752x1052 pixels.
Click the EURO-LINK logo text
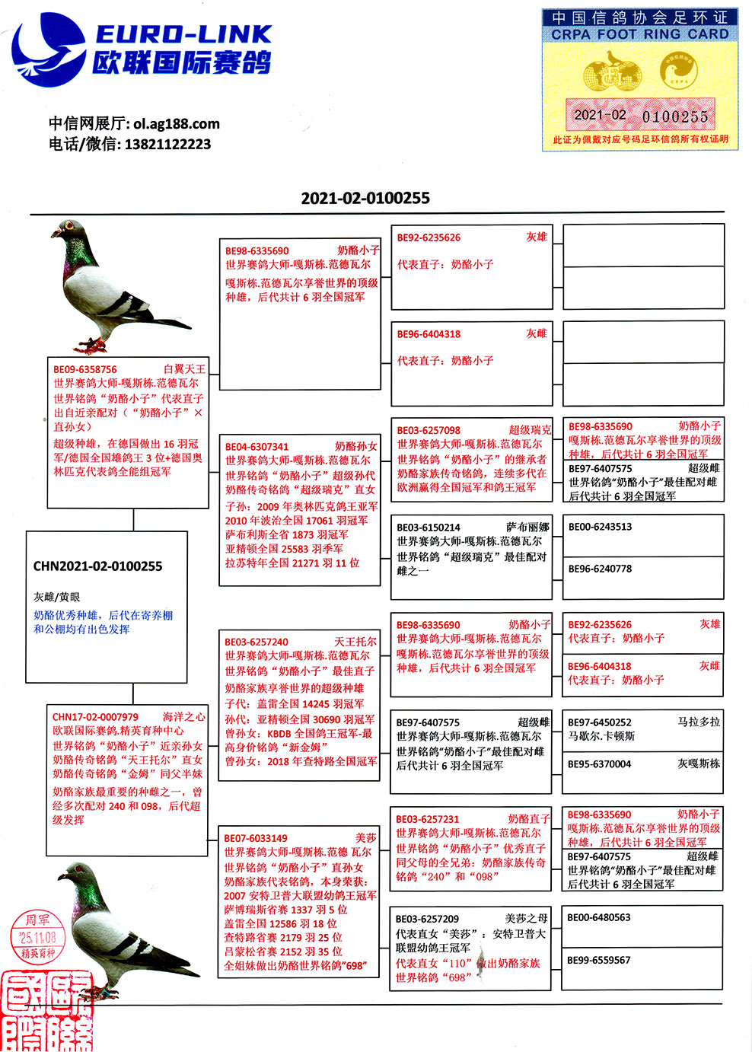183,34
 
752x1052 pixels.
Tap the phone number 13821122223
167,144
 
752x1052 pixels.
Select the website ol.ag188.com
177,123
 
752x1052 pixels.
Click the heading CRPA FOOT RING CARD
639,34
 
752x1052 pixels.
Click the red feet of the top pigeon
91,346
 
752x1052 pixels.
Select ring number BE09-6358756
85,370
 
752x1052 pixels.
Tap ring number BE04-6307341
257,447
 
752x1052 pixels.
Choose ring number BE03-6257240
257,642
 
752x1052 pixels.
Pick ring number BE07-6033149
256,838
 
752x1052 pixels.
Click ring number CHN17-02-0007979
95,717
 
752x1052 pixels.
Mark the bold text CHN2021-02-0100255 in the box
97,566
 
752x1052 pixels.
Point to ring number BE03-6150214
428,528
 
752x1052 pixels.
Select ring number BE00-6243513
600,527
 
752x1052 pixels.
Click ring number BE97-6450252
600,722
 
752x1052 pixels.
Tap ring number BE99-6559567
599,960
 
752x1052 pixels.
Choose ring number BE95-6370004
600,764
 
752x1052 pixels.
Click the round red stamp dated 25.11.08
37,937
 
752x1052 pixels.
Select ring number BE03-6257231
428,819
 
